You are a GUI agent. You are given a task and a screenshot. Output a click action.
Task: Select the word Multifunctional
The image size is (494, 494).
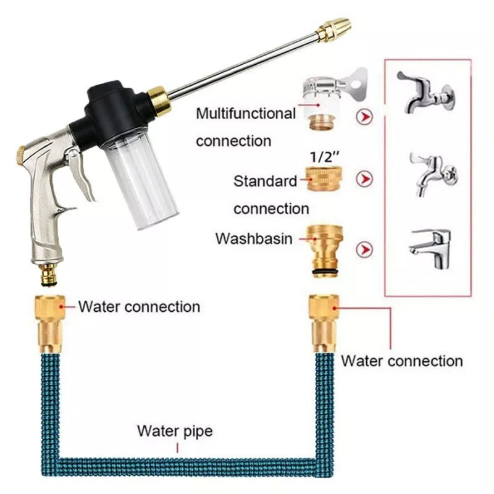(x=246, y=114)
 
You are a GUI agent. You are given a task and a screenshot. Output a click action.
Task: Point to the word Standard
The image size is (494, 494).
(x=265, y=182)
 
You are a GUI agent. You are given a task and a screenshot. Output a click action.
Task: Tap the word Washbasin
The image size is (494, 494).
(x=253, y=238)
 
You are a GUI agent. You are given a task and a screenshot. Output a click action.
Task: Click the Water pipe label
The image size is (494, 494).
(x=174, y=430)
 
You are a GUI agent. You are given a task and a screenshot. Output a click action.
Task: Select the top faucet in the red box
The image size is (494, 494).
(x=426, y=93)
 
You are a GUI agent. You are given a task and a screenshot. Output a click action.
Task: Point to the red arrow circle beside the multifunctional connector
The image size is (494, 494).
(x=365, y=117)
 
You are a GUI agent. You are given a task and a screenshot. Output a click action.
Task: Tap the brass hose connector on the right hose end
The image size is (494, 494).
(x=324, y=322)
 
